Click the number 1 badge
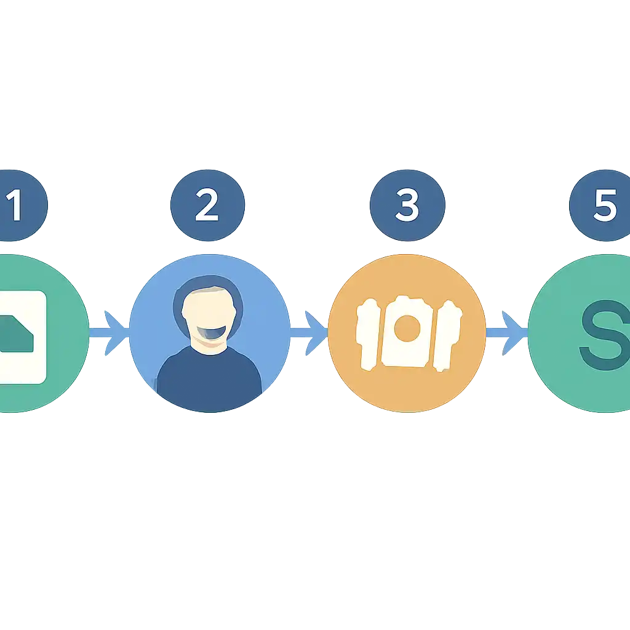20,205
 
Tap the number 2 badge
208,205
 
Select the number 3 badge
407,205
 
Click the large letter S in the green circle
605,335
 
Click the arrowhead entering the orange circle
316,333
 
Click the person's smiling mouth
212,333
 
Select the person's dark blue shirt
209,378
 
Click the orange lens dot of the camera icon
407,329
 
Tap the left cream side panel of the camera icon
368,334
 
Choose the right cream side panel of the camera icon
447,336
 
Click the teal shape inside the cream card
16,333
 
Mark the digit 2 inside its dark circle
207,205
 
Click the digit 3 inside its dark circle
407,205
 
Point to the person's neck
209,346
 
